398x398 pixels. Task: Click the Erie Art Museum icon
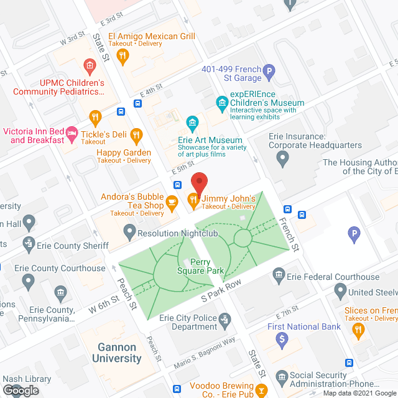click(193, 121)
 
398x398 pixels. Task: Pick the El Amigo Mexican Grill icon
click(123, 56)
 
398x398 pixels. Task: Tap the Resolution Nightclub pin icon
click(129, 233)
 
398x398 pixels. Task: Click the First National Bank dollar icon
click(282, 339)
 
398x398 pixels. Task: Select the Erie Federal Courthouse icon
click(279, 274)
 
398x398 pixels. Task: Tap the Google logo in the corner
click(20, 390)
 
